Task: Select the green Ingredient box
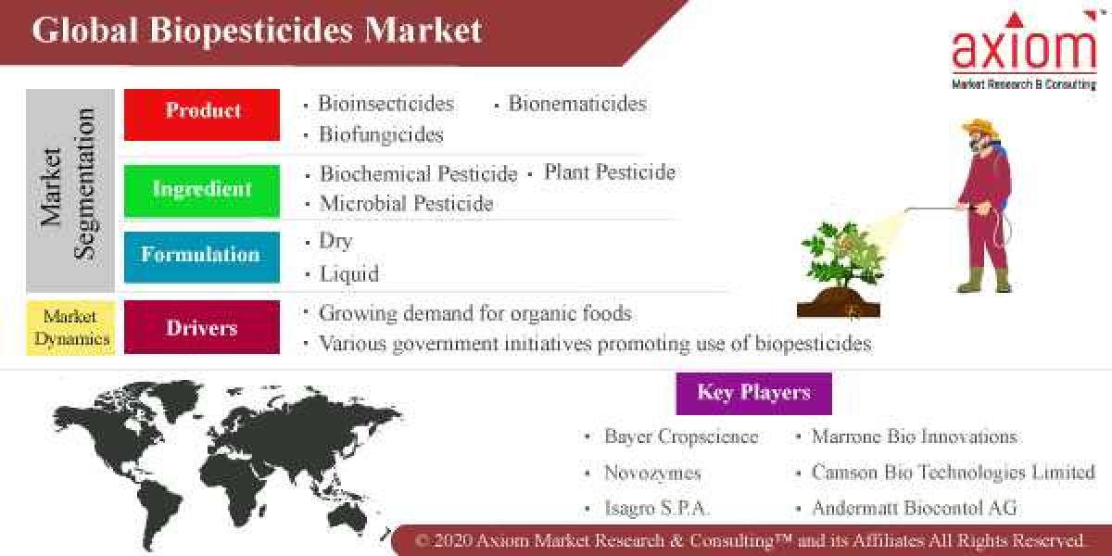202,190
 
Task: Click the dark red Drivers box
202,327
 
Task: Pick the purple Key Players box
753,393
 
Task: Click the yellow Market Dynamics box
70,327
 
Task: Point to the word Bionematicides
577,104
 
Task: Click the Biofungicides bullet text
381,134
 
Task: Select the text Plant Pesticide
609,172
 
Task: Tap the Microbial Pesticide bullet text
406,203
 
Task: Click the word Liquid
348,274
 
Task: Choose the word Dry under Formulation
335,241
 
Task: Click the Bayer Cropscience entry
680,436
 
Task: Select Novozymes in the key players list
652,473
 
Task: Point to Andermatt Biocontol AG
914,508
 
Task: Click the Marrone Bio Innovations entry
914,436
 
